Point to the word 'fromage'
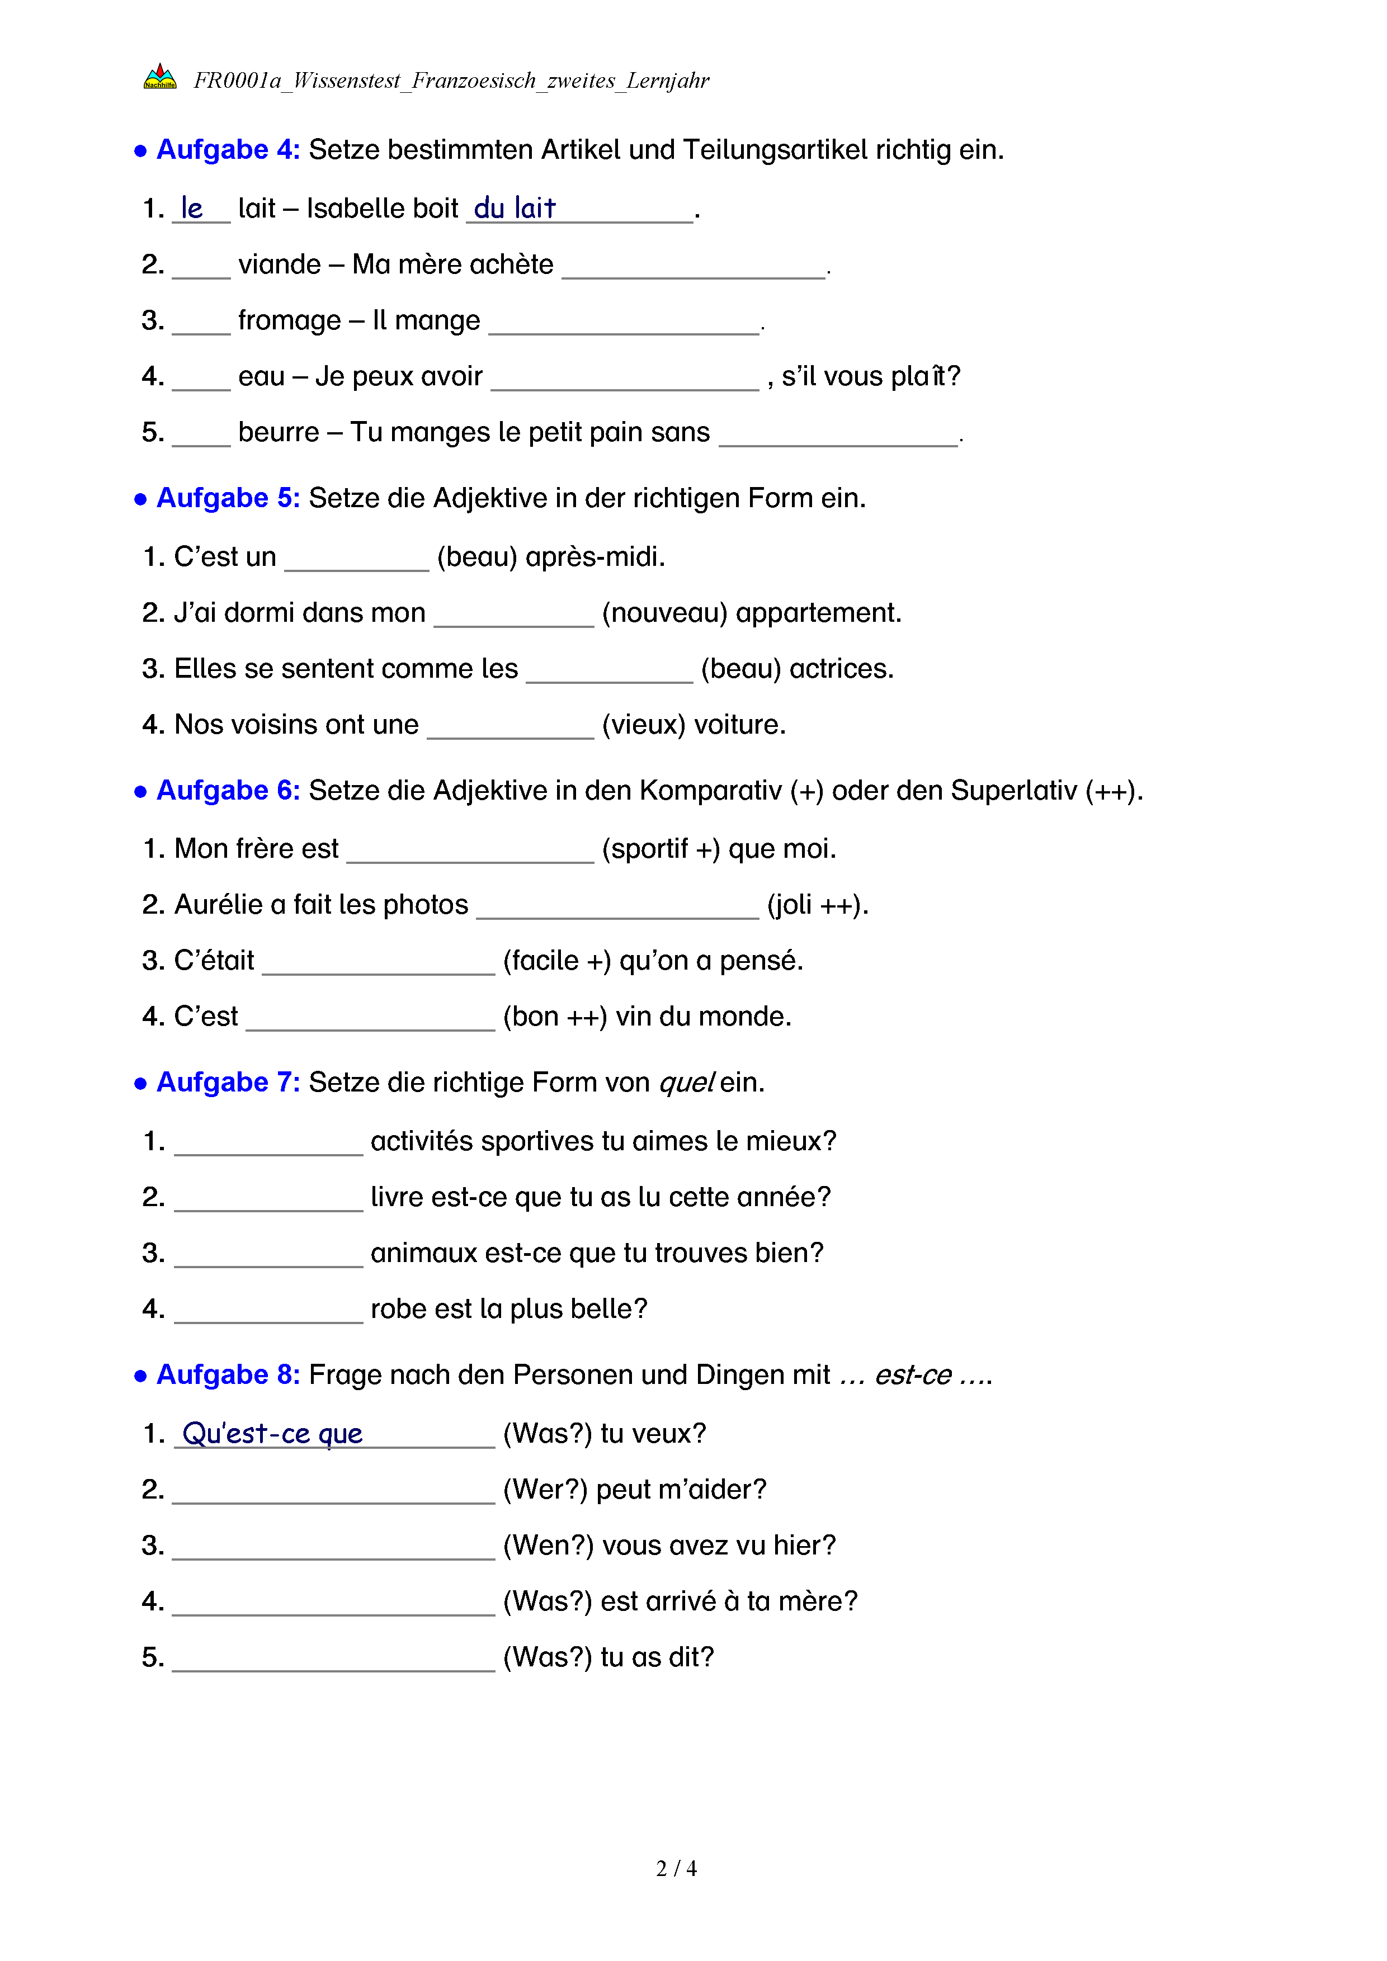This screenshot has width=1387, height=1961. click(289, 320)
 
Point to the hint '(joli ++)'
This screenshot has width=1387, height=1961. click(817, 905)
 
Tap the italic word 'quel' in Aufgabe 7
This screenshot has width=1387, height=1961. click(685, 1083)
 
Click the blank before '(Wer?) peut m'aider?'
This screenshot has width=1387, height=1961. click(333, 1492)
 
